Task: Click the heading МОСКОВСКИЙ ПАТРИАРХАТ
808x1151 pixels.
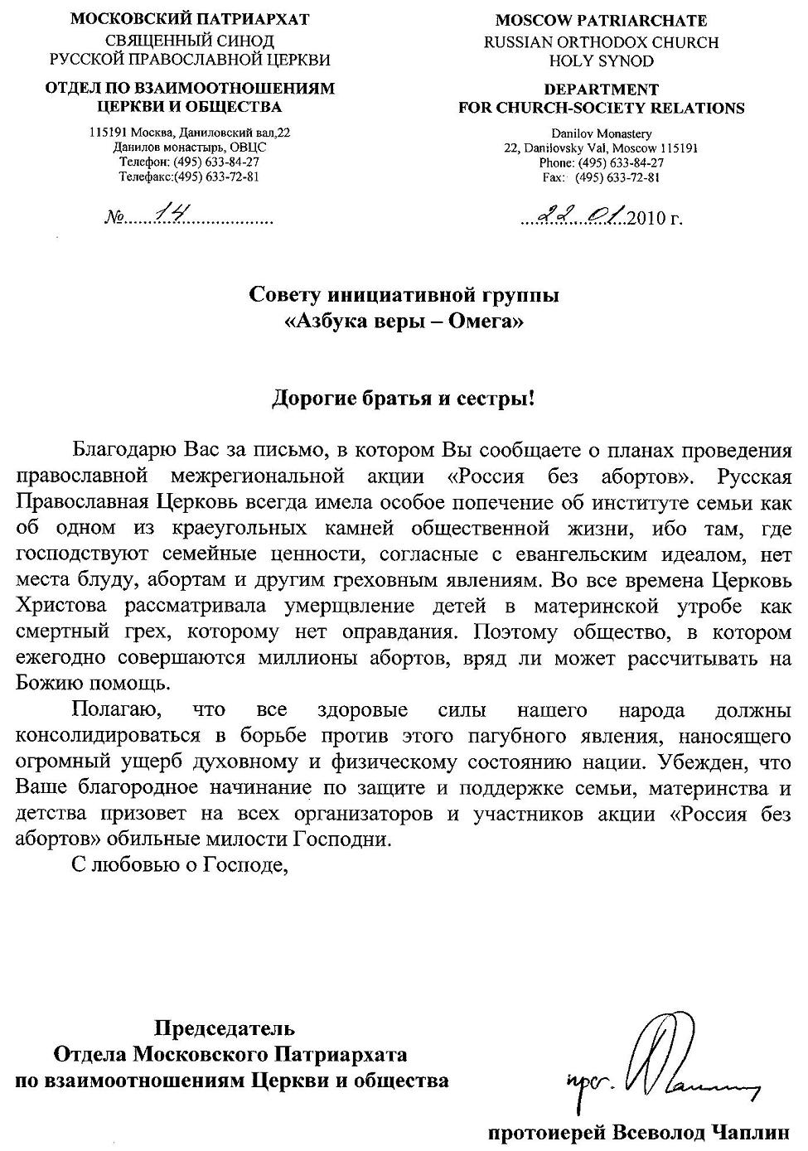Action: [x=190, y=20]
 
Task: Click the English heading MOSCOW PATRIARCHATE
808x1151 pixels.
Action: [x=601, y=21]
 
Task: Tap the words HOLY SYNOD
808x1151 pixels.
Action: [x=601, y=60]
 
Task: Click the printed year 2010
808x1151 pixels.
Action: [x=646, y=220]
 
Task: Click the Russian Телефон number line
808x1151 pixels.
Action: [x=190, y=162]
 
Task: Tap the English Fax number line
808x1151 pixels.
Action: [x=601, y=177]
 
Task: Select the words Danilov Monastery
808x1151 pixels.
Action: [x=601, y=133]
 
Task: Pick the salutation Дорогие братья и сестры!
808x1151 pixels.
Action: [x=404, y=399]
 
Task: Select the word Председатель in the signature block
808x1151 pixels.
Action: [x=225, y=1029]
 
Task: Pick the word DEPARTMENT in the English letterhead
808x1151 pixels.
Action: [x=601, y=89]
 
